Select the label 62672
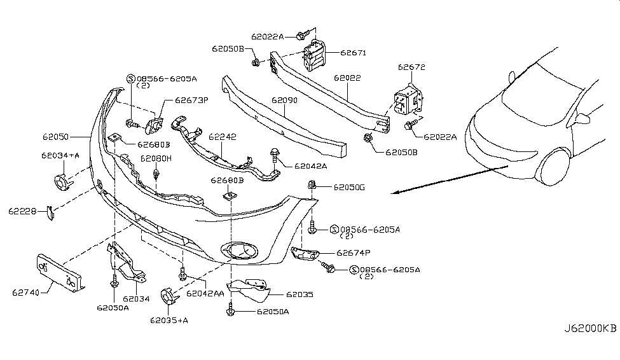click(x=411, y=67)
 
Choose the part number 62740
click(x=25, y=293)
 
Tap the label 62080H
click(x=156, y=158)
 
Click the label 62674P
click(x=354, y=253)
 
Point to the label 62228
click(x=23, y=211)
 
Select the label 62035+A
click(x=169, y=320)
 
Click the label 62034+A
click(x=61, y=155)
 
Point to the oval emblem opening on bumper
click(x=237, y=250)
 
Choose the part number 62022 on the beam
click(x=347, y=78)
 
